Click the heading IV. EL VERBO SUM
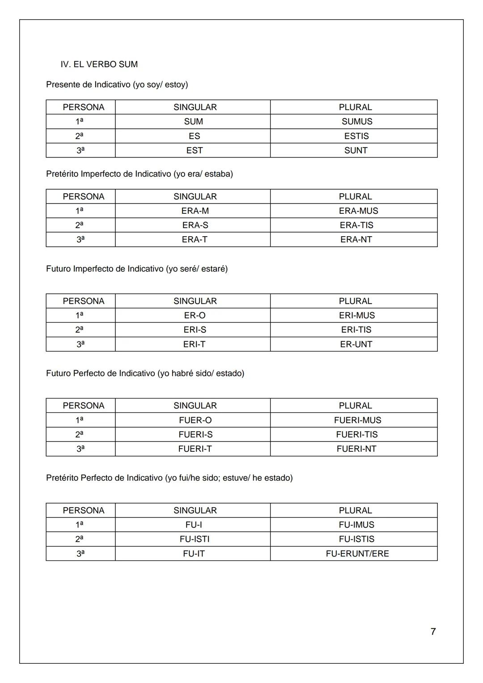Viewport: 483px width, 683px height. [99, 64]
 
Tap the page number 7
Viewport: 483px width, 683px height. [433, 632]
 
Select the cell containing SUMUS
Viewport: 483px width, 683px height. [356, 122]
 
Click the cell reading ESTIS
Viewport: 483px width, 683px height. [356, 136]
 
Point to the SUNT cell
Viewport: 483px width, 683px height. [356, 150]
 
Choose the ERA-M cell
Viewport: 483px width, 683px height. [195, 211]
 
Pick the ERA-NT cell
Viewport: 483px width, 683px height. [356, 239]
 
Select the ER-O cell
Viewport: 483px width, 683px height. [195, 315]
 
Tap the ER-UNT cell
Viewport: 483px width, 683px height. [356, 344]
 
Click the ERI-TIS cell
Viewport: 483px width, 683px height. [356, 330]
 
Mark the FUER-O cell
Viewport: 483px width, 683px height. [195, 420]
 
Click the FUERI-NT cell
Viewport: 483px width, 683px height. [356, 449]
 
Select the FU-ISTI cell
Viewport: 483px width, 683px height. [195, 539]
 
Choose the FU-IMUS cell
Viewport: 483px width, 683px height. [356, 525]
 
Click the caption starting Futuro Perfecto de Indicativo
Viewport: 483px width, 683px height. [145, 373]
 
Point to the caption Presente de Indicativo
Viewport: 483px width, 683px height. [117, 85]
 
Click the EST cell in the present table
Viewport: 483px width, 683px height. [195, 150]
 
